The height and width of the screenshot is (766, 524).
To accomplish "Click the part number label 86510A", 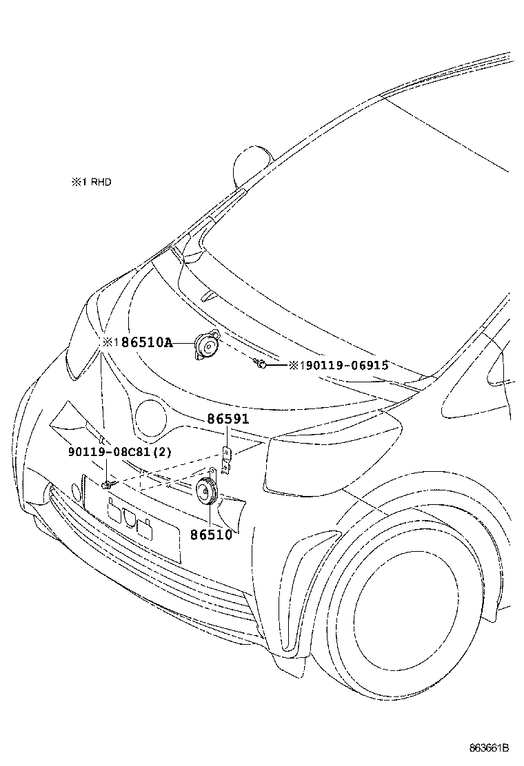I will pos(146,342).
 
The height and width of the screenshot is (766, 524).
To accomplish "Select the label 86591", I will pos(227,419).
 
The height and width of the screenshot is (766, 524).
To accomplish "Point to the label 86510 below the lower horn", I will pos(210,534).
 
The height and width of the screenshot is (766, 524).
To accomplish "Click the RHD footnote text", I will pos(90,183).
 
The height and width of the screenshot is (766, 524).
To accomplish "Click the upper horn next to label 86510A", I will pos(205,344).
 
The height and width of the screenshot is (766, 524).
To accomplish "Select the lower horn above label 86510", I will pos(206,490).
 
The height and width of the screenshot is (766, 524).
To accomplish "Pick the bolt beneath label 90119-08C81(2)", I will pos(106,485).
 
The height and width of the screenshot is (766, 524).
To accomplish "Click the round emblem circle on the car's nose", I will pos(152,417).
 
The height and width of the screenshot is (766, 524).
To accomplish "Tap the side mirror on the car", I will pos(252,166).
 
